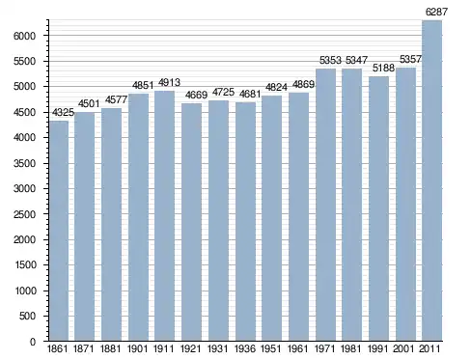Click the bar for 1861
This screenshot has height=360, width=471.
point(59,231)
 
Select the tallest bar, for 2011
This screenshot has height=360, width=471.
point(431,180)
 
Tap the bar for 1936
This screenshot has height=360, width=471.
point(245,222)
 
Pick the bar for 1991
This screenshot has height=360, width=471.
point(378,208)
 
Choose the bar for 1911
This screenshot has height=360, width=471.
point(165,215)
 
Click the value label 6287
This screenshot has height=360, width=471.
point(436,13)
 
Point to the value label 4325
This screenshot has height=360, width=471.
point(63,113)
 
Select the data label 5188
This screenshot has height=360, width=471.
point(383,68)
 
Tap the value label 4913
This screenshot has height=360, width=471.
point(169,83)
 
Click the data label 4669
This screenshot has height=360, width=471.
point(196,96)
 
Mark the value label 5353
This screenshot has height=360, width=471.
point(330,60)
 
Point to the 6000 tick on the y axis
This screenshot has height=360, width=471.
point(24,36)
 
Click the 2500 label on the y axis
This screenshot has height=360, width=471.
point(24,214)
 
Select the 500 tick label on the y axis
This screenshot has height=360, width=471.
point(27,316)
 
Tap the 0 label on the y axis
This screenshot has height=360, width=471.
point(33,342)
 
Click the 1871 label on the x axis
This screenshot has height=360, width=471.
point(84,349)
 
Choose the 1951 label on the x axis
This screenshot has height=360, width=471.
point(271,349)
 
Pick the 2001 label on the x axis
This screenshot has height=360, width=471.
point(405,349)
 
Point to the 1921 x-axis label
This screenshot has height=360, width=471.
point(191,349)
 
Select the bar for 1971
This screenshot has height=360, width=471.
point(325,205)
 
